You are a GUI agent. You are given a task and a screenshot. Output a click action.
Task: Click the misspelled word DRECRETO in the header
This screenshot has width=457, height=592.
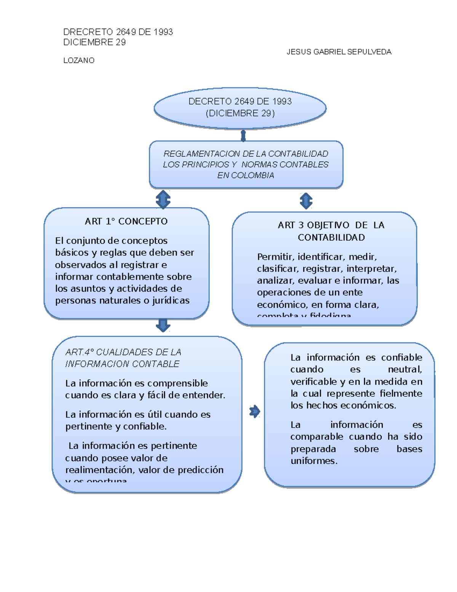tap(88, 32)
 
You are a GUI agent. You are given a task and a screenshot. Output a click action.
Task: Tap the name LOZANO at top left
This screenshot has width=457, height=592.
tap(79, 61)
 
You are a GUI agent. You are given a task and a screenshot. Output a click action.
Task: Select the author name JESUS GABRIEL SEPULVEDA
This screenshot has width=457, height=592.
tap(339, 52)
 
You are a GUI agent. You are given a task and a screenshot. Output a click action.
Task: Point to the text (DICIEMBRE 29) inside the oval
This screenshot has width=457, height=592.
tap(240, 113)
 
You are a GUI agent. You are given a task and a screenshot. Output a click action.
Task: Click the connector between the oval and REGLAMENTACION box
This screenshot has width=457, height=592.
tap(243, 136)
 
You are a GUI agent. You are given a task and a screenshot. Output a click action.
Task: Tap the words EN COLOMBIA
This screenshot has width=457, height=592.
tap(246, 175)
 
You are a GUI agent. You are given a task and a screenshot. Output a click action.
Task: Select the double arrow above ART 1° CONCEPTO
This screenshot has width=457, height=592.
tap(163, 199)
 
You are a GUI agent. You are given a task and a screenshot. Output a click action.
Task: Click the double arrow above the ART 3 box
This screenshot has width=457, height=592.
tap(306, 201)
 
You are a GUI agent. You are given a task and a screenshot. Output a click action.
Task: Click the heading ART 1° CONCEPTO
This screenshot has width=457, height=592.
tap(126, 221)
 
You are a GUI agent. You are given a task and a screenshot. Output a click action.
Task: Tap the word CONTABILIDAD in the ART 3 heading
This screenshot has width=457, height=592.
tap(331, 237)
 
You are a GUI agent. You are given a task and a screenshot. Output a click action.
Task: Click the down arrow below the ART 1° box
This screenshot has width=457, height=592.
tap(163, 325)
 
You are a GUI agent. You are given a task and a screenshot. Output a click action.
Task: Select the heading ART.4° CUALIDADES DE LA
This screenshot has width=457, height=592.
tap(123, 352)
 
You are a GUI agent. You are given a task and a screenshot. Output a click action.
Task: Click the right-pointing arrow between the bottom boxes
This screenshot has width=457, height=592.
tap(254, 411)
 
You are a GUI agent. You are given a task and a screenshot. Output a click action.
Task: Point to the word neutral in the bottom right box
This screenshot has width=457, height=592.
tap(404, 369)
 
